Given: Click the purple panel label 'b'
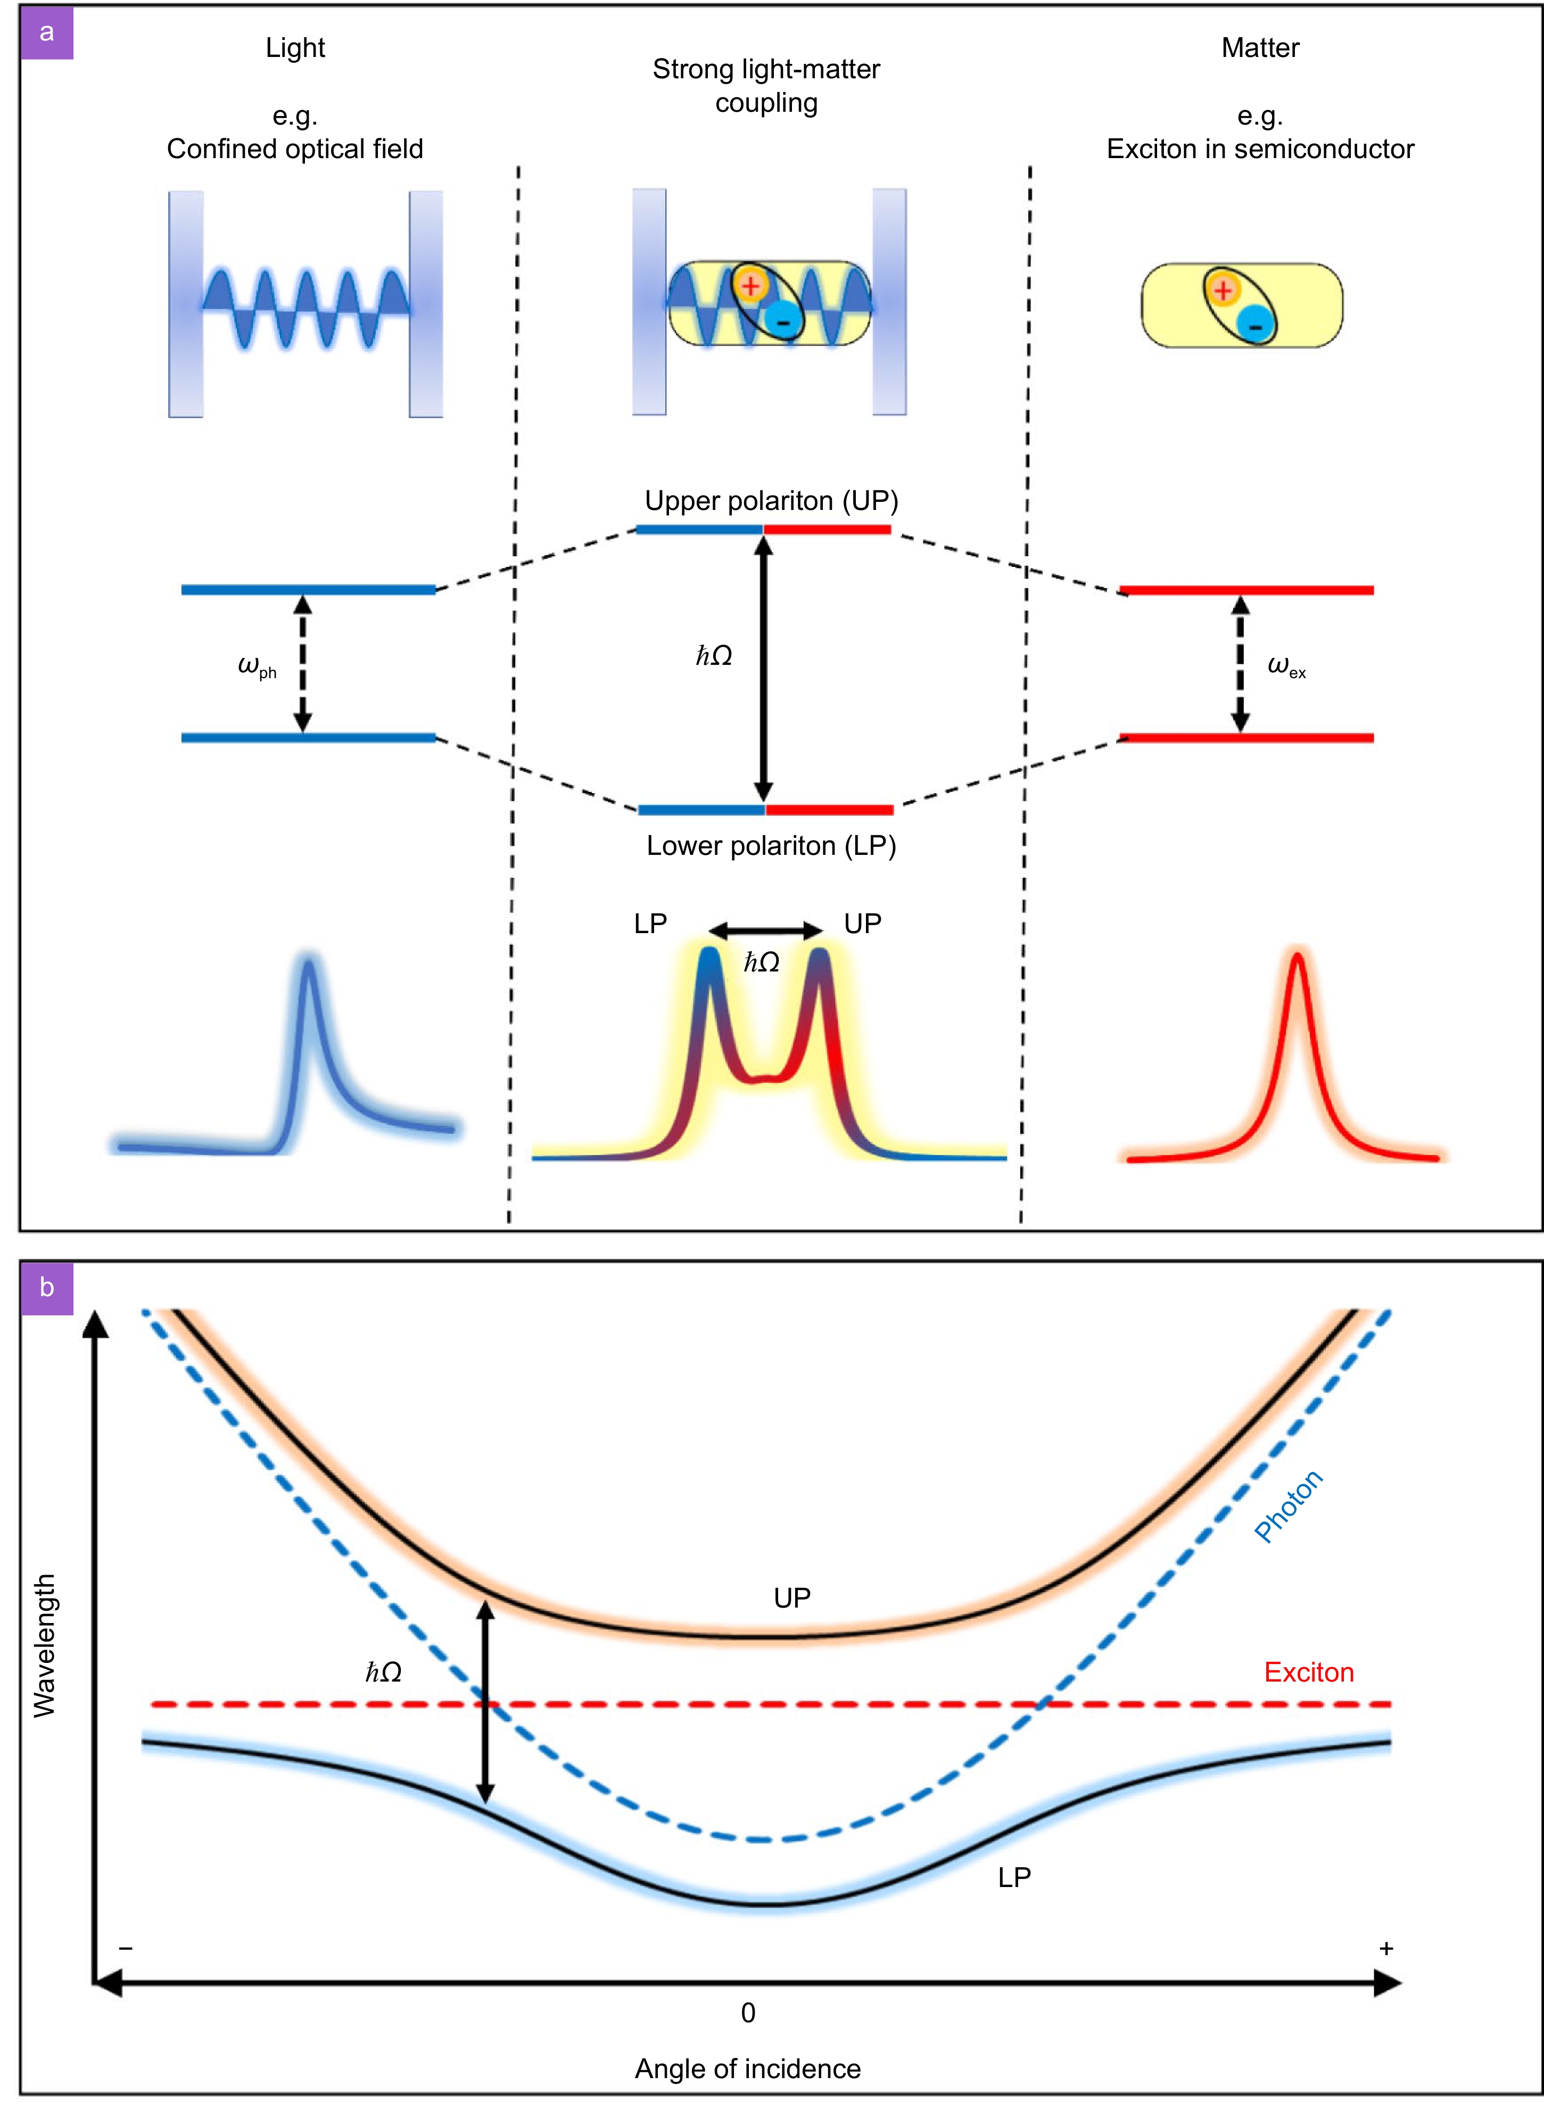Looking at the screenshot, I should [x=47, y=1288].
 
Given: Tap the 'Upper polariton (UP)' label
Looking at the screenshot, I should [x=771, y=501].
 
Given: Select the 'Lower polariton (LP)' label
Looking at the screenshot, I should [x=771, y=846].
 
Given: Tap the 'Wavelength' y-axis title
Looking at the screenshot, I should [x=45, y=1645].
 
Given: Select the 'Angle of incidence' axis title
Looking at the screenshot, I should [x=748, y=2069].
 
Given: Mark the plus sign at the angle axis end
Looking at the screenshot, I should [x=1386, y=1948].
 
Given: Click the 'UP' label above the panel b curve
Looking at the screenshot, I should [x=791, y=1597].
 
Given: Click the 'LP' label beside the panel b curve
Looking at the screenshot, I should [x=1014, y=1877].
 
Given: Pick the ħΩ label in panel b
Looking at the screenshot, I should [x=383, y=1671].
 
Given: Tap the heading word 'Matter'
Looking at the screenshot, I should [x=1260, y=48].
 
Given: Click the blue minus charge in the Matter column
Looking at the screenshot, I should [x=1255, y=325].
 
